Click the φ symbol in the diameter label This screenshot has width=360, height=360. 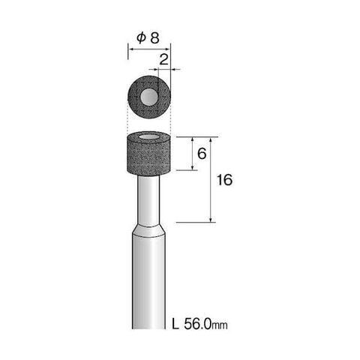[x=141, y=38]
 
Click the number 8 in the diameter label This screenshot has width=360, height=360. [x=154, y=38]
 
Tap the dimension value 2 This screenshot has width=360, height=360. [x=163, y=60]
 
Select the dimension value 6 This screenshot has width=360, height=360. [x=202, y=154]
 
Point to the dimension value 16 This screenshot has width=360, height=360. [x=224, y=180]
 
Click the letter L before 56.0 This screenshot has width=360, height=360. [x=175, y=324]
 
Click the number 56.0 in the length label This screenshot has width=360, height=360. [x=197, y=324]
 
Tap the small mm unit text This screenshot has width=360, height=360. [x=220, y=325]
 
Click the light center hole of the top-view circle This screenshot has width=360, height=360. [x=149, y=97]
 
